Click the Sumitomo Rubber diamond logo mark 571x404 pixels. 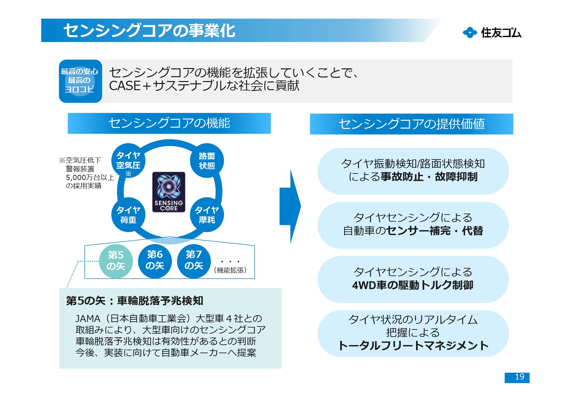click(470, 33)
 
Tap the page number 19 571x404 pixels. click(517, 377)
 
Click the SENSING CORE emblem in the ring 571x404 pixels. click(169, 192)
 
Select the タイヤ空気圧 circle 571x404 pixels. click(128, 161)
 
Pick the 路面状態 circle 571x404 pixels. click(207, 161)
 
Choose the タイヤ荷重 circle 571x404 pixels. click(128, 215)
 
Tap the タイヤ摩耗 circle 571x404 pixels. click(207, 215)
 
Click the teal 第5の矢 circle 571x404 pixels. click(116, 261)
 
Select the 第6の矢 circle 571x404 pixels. click(155, 261)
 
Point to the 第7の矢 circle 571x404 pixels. click(194, 261)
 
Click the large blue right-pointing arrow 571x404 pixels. click(290, 206)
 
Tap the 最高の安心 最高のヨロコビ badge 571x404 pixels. click(80, 81)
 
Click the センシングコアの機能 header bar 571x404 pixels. click(169, 123)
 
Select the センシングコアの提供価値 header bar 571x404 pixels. click(411, 124)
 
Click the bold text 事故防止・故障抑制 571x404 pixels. click(429, 177)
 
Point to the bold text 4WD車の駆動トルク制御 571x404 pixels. click(413, 285)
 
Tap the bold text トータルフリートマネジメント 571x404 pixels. click(413, 345)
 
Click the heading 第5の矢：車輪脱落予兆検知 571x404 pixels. click(134, 300)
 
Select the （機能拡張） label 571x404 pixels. click(230, 270)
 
